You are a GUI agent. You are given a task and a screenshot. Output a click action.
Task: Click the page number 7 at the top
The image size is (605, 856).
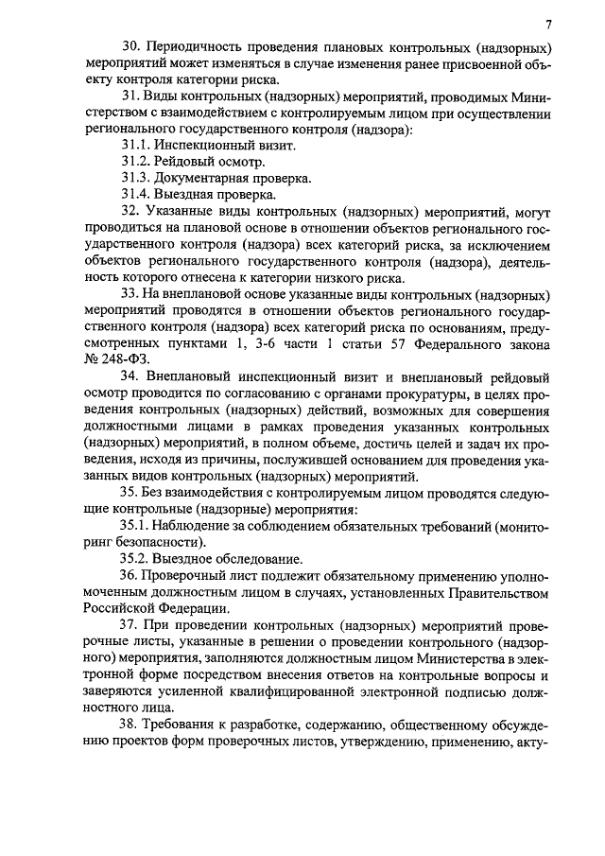[x=548, y=24]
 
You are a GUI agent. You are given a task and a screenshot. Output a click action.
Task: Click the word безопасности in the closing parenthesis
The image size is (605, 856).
[x=159, y=542]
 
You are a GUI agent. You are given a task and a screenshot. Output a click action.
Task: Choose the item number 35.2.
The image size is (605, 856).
[x=136, y=559]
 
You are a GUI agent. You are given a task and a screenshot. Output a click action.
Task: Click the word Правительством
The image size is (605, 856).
[x=502, y=592]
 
